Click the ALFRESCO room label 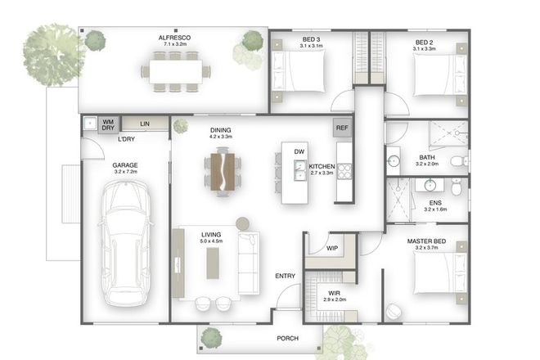coord(174,38)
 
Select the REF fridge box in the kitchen coord(342,128)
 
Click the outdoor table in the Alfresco coord(175,71)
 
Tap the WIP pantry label coord(332,248)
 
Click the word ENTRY coord(285,277)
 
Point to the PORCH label coord(286,338)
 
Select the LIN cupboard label coord(144,124)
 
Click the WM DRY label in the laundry coord(107,125)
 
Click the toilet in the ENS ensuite coord(457,188)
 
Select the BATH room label coord(427,157)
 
